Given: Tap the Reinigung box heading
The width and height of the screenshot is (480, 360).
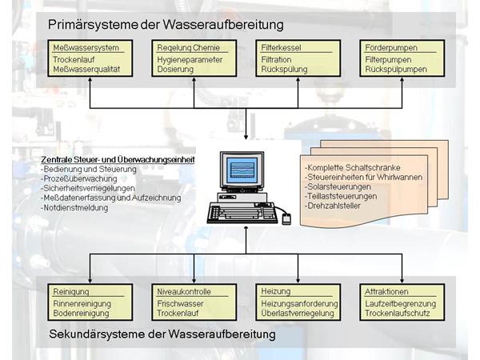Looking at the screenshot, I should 70,292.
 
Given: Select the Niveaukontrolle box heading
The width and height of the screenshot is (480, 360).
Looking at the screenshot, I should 183,292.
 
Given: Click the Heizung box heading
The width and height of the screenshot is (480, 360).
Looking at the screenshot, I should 276,291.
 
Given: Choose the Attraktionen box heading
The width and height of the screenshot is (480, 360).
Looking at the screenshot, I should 386,292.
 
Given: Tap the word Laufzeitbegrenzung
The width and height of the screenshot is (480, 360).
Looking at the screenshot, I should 400,303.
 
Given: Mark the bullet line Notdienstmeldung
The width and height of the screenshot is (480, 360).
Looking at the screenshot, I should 74,207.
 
